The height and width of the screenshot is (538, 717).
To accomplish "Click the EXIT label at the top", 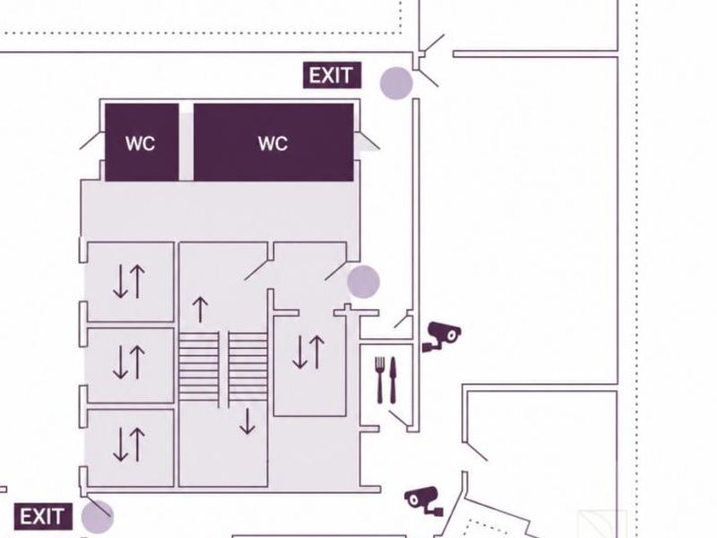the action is [x=332, y=75].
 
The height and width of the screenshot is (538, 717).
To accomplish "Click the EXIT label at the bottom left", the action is [x=43, y=517].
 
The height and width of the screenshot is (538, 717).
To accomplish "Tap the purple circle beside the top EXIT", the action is [x=396, y=83].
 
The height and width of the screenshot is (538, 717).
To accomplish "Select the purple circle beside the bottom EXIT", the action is [x=98, y=517].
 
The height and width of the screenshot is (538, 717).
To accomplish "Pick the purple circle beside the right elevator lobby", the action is [x=364, y=282].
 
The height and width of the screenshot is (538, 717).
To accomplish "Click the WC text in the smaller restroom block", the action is [x=141, y=143].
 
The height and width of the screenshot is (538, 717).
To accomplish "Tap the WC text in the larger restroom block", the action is [x=273, y=143].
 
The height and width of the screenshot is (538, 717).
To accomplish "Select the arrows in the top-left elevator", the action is [x=129, y=282].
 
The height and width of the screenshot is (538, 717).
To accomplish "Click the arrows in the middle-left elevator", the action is [x=129, y=362].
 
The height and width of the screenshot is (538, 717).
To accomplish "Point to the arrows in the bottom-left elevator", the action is [x=129, y=444].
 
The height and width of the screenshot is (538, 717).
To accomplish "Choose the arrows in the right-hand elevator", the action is [x=308, y=351].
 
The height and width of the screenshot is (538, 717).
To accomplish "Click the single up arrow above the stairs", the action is [x=200, y=309].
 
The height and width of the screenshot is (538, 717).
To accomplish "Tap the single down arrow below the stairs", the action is [x=247, y=421].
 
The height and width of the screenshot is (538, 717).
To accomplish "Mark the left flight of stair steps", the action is [x=199, y=366].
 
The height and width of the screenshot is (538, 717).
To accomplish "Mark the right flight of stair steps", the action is [x=248, y=366].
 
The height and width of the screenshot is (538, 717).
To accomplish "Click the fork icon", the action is [x=380, y=379].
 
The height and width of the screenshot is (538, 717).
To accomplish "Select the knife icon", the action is [x=393, y=379].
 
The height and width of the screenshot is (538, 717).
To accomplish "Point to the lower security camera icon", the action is [x=423, y=501].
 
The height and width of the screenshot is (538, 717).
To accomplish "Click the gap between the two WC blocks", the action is [x=186, y=143].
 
